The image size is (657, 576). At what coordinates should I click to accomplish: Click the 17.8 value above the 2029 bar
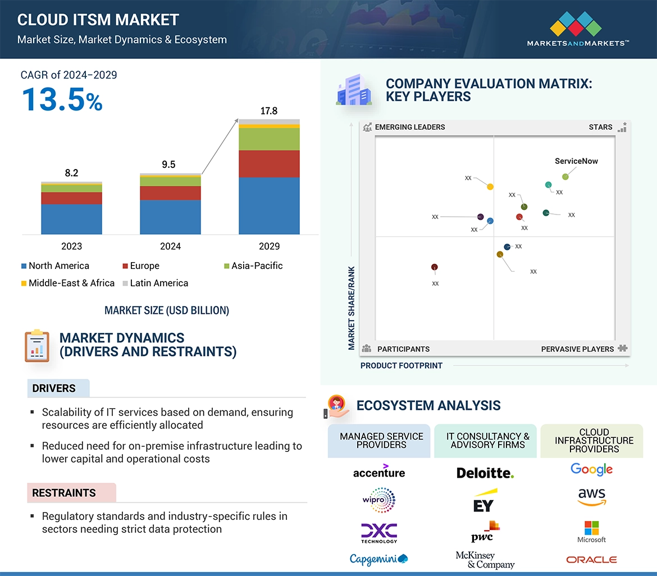(x=269, y=111)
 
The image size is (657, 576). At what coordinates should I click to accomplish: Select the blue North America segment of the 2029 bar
(x=269, y=205)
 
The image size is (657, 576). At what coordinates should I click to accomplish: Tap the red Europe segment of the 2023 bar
(x=71, y=198)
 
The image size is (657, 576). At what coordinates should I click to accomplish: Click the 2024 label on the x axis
(x=170, y=246)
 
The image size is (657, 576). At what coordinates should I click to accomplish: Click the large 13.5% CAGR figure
(x=62, y=99)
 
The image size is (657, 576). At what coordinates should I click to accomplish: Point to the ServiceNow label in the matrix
(x=576, y=161)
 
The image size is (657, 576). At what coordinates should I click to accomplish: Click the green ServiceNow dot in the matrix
(x=565, y=177)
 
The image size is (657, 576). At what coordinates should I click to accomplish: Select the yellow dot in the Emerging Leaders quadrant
(x=490, y=186)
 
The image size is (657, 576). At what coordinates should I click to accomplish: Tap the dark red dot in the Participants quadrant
(x=434, y=267)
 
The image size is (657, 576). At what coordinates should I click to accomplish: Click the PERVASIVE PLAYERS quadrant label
(x=577, y=349)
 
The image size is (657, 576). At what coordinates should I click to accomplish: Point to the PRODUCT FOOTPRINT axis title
(x=401, y=365)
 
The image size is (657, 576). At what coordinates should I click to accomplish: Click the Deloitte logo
(x=485, y=473)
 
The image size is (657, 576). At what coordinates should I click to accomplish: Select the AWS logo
(x=591, y=496)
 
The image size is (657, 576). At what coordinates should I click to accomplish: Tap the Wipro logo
(x=379, y=500)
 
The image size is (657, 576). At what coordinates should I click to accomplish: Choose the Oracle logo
(x=591, y=560)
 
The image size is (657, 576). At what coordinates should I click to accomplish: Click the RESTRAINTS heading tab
(x=64, y=493)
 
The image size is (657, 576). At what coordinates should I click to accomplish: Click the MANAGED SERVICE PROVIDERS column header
(x=381, y=440)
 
